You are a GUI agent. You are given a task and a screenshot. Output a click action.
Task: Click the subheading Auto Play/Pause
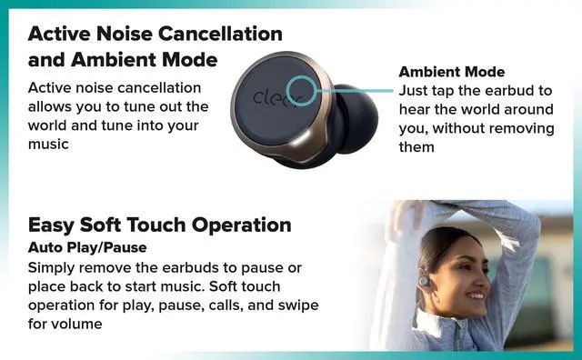(x=87, y=247)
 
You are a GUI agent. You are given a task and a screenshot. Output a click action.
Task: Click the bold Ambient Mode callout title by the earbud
(x=452, y=72)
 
